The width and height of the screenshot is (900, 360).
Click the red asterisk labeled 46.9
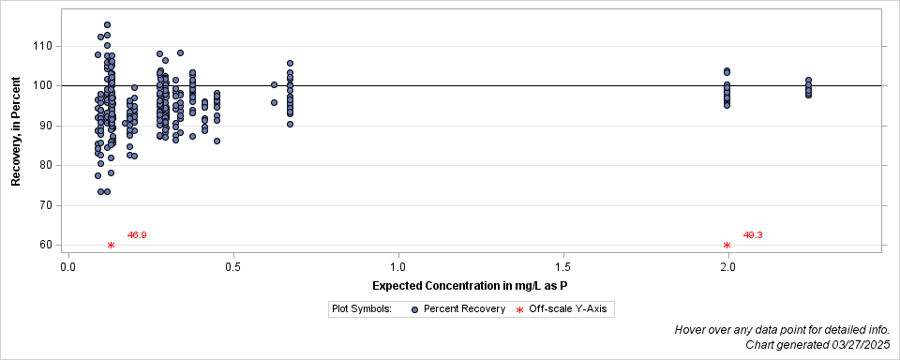(111, 246)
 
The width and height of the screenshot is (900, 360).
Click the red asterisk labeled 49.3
(727, 246)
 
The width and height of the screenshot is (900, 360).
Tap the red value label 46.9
(137, 234)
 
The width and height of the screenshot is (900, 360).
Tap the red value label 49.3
(753, 234)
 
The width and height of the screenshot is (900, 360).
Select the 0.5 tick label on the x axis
(233, 266)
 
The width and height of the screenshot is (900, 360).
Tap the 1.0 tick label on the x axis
(398, 266)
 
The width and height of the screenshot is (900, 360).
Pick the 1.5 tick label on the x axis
(563, 266)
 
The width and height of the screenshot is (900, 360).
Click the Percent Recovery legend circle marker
(414, 308)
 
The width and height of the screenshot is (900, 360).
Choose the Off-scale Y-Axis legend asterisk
(519, 308)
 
